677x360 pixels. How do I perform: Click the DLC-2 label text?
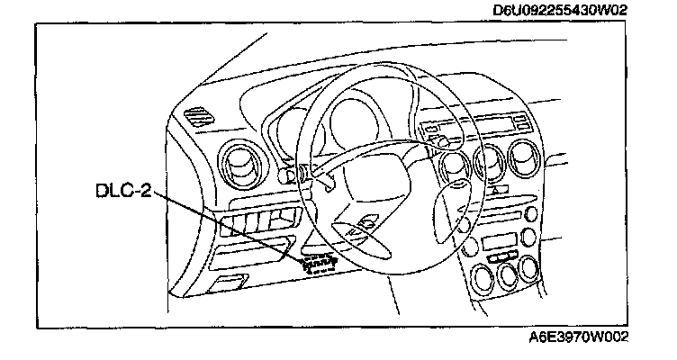coord(123,191)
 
